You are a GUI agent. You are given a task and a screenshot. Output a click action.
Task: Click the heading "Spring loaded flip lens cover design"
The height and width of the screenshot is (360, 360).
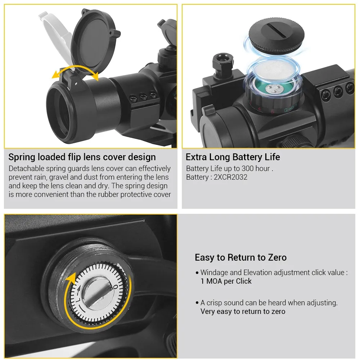tap(82, 157)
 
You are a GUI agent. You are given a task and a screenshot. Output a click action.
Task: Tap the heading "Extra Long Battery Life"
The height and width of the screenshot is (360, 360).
tap(233, 157)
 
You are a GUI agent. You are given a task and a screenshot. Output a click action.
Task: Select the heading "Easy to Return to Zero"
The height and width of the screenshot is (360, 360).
tap(240, 258)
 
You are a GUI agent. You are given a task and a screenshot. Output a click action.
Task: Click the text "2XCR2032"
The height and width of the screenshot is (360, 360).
tap(230, 177)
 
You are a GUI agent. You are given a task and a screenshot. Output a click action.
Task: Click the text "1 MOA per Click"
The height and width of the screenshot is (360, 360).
tap(226, 281)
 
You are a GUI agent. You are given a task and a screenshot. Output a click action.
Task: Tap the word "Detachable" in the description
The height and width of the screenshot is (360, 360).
tap(26, 168)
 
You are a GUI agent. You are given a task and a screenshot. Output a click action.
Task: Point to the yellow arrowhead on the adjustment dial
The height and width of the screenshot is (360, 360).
tap(71, 279)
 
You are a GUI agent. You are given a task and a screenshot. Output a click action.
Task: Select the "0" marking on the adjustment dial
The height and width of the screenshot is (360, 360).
tap(116, 287)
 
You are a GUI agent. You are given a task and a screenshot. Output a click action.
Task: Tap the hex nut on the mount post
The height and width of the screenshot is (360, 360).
tap(223, 62)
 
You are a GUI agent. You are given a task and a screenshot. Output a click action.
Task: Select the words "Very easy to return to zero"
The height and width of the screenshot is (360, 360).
tap(243, 311)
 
